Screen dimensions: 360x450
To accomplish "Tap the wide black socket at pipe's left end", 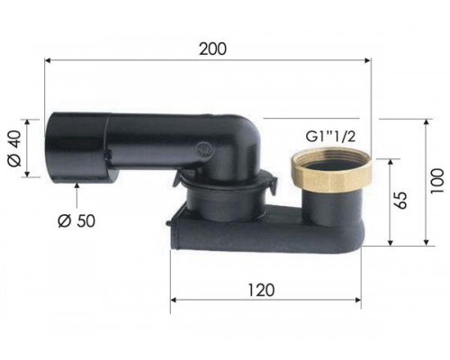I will (x=76, y=148).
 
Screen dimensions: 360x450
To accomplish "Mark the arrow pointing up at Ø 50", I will (x=78, y=188).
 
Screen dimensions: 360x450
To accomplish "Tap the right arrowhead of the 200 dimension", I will (x=366, y=61).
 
